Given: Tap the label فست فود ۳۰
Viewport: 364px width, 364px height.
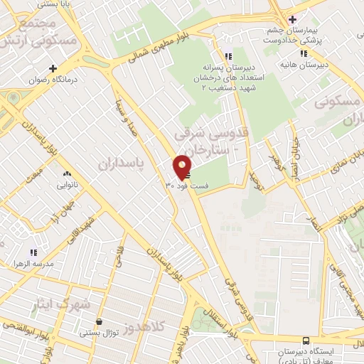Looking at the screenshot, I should pyautogui.click(x=187, y=186).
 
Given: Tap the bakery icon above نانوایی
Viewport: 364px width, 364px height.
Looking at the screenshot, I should pyautogui.click(x=68, y=173).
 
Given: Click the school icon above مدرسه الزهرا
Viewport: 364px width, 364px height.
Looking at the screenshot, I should pyautogui.click(x=32, y=252).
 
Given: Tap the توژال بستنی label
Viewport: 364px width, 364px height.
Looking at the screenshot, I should pyautogui.click(x=97, y=332).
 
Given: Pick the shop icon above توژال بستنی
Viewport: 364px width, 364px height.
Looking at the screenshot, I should pyautogui.click(x=99, y=321).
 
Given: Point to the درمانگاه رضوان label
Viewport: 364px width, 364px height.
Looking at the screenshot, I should pyautogui.click(x=43, y=80).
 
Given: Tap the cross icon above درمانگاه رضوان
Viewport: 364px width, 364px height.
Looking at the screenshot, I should pyautogui.click(x=52, y=69).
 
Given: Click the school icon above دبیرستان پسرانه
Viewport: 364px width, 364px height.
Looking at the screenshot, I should pyautogui.click(x=227, y=56).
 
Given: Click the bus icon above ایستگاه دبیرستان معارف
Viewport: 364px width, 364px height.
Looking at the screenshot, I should pyautogui.click(x=305, y=341).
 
